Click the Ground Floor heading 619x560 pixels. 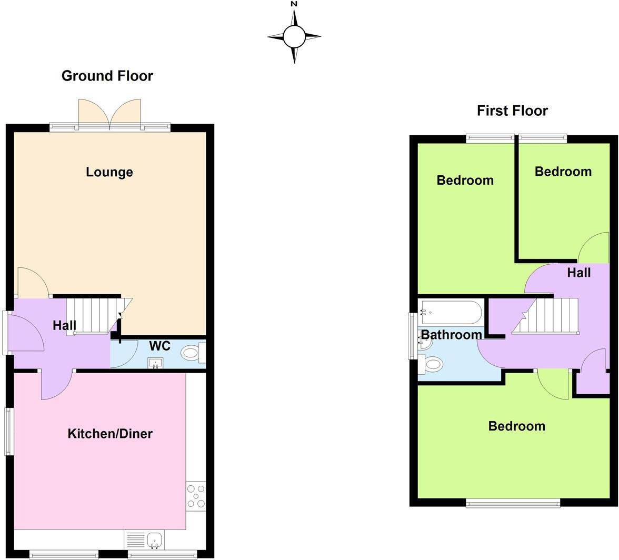pyautogui.click(x=107, y=76)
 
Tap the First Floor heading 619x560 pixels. pyautogui.click(x=512, y=111)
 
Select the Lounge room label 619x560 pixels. pyautogui.click(x=109, y=172)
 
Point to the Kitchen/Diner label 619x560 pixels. pyautogui.click(x=110, y=434)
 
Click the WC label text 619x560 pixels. pyautogui.click(x=159, y=346)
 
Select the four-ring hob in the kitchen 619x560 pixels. pyautogui.click(x=196, y=496)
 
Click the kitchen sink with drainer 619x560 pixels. pyautogui.click(x=144, y=539)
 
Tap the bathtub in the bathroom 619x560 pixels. pyautogui.click(x=451, y=312)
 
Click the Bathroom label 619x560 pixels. pyautogui.click(x=451, y=335)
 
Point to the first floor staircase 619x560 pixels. pyautogui.click(x=547, y=316)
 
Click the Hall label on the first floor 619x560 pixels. pyautogui.click(x=578, y=273)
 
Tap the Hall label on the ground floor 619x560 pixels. pyautogui.click(x=64, y=326)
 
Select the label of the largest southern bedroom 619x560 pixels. pyautogui.click(x=516, y=426)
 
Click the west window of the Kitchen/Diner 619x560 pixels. pyautogui.click(x=9, y=431)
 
